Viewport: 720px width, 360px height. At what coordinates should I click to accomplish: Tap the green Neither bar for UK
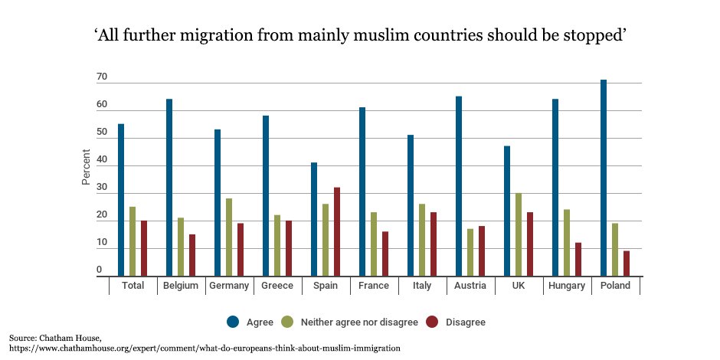click(519, 234)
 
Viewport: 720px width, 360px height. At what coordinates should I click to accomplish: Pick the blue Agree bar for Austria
click(459, 186)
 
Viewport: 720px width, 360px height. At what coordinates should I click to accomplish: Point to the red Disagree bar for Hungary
click(578, 259)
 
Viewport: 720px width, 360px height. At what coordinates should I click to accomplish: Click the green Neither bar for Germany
click(229, 237)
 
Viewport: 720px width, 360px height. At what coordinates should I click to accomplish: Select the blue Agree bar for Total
click(121, 199)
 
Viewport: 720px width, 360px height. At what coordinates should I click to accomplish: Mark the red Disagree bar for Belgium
click(192, 255)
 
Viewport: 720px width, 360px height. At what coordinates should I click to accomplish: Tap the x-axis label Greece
click(277, 286)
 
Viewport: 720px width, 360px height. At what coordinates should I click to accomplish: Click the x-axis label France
click(373, 286)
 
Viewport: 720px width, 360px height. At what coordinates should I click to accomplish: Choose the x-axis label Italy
click(421, 286)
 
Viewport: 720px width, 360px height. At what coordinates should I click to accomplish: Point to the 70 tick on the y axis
click(102, 78)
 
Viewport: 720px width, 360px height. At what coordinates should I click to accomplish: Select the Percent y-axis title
click(87, 172)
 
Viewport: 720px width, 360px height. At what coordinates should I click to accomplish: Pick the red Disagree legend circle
click(432, 322)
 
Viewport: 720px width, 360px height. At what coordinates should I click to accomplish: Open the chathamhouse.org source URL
click(205, 349)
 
